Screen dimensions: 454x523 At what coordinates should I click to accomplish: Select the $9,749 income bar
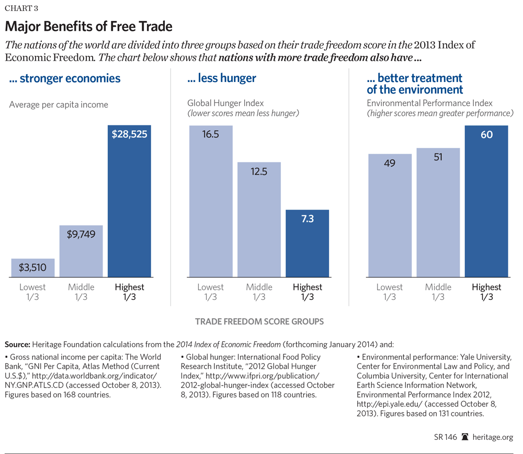tap(81, 251)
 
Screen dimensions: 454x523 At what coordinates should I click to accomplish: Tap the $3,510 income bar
tap(32, 267)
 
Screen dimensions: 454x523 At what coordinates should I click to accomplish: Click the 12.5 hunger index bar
tap(259, 219)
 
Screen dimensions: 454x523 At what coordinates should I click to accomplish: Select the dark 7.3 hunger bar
tap(307, 243)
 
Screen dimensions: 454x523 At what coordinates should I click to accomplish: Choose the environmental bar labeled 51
tap(438, 212)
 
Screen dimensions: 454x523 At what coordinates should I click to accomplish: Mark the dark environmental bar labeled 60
tap(486, 201)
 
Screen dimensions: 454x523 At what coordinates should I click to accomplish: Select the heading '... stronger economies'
tap(65, 79)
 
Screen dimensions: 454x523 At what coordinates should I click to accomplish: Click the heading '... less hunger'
tap(222, 79)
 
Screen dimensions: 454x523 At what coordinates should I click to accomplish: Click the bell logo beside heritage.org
tap(465, 437)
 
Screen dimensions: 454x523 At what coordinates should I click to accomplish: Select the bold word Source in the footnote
tap(17, 344)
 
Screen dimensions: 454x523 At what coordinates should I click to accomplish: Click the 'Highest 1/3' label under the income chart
tap(129, 292)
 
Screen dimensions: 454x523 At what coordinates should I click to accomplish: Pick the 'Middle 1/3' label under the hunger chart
tap(259, 292)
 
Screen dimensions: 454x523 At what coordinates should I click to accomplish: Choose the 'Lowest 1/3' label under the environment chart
tap(390, 292)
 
